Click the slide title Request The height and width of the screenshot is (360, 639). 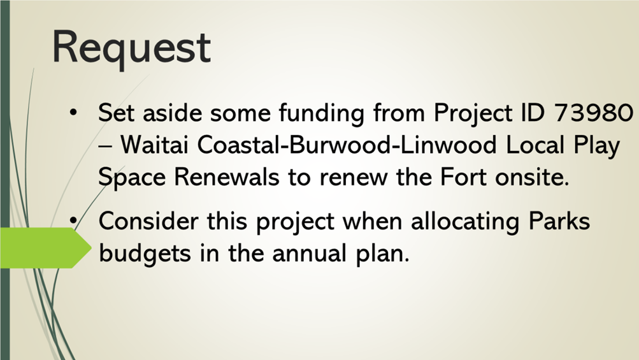point(131,48)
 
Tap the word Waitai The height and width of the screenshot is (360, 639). point(154,145)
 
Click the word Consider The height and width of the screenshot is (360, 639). point(148,221)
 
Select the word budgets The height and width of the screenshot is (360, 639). point(145,253)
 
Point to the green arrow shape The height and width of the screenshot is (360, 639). point(46,248)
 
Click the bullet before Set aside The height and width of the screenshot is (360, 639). point(73,112)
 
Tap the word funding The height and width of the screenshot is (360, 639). point(322,112)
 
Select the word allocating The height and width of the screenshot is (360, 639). point(465,221)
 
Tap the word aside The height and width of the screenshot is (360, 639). point(172,112)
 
